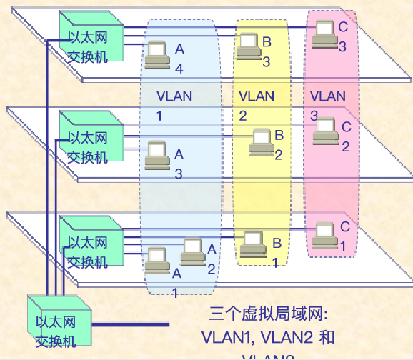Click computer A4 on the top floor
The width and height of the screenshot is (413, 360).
coord(156,54)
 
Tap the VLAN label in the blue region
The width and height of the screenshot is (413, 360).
coord(174,96)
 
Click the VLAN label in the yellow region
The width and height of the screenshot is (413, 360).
coord(256,95)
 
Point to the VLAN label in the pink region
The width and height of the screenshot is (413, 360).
coord(328,95)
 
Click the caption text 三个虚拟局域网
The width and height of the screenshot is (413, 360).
coord(267,314)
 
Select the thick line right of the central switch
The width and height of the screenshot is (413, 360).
coord(133,324)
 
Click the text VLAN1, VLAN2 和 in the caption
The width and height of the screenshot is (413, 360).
coord(268,336)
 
